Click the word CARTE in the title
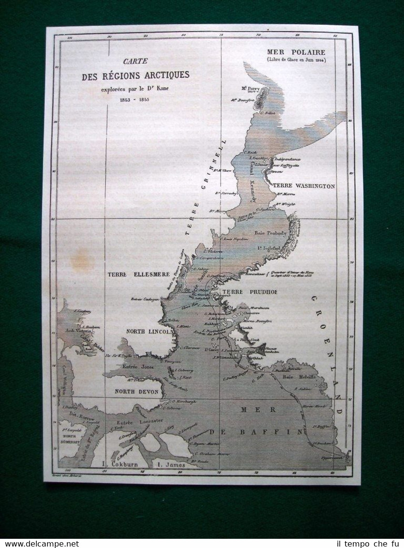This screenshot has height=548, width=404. pyautogui.click(x=135, y=61)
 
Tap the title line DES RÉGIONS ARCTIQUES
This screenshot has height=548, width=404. pyautogui.click(x=135, y=76)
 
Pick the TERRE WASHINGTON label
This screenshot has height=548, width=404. pyautogui.click(x=303, y=185)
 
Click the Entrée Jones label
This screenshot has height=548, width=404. pyautogui.click(x=139, y=368)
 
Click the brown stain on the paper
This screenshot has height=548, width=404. pyautogui.click(x=82, y=262)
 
